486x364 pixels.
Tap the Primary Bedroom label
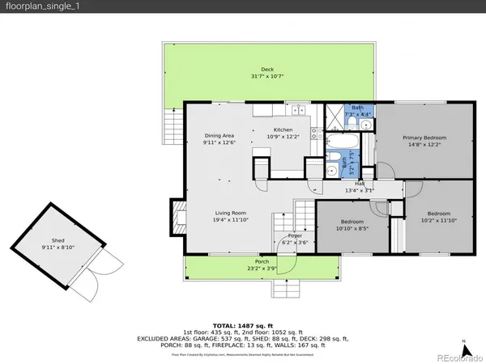(x=424, y=138)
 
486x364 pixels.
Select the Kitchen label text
(x=283, y=129)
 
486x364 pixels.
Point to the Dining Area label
(x=219, y=135)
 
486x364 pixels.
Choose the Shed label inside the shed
(x=58, y=240)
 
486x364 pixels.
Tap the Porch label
(x=262, y=261)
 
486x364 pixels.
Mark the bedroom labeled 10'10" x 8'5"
(x=352, y=225)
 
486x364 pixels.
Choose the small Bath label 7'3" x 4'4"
(x=357, y=111)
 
